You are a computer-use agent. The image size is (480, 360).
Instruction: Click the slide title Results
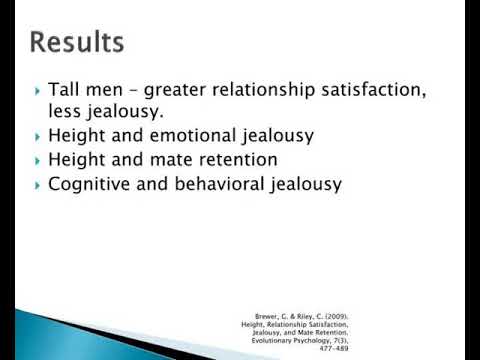pyautogui.click(x=77, y=43)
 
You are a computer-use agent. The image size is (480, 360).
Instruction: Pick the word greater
pyautogui.click(x=176, y=92)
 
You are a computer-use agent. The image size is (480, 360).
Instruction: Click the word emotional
pyautogui.click(x=204, y=136)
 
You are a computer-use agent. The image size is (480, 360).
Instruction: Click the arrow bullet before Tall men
pyautogui.click(x=38, y=93)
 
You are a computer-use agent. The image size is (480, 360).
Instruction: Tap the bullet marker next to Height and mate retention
pyautogui.click(x=38, y=160)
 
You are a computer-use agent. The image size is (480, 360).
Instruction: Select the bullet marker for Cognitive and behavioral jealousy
pyautogui.click(x=38, y=184)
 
